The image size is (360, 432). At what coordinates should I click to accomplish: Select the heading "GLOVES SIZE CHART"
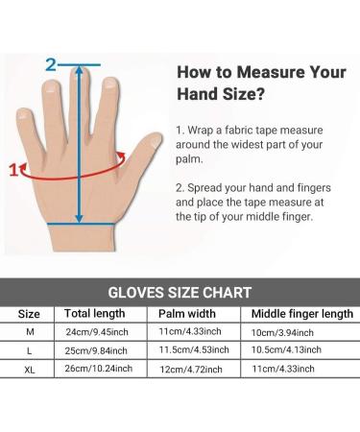pyautogui.click(x=180, y=292)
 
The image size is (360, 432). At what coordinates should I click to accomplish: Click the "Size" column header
pyautogui.click(x=30, y=314)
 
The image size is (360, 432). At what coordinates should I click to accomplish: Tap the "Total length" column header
pyautogui.click(x=95, y=314)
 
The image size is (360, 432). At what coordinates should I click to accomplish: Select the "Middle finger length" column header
pyautogui.click(x=300, y=314)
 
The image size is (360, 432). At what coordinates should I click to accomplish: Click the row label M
pyautogui.click(x=30, y=332)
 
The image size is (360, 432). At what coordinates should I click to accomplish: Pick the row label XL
pyautogui.click(x=30, y=368)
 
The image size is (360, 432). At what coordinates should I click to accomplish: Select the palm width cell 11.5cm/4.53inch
pyautogui.click(x=189, y=350)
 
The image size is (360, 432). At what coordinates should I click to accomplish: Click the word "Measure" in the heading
pyautogui.click(x=266, y=71)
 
